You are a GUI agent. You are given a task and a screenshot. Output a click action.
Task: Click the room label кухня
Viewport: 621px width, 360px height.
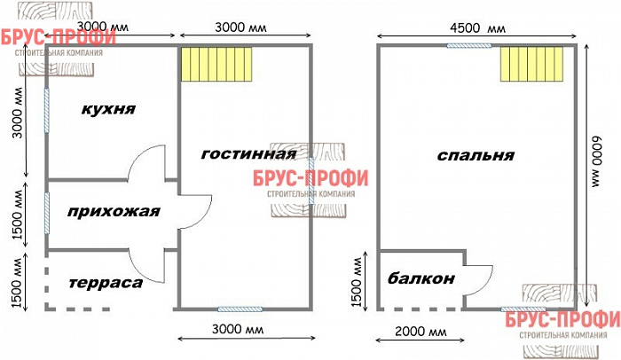108,109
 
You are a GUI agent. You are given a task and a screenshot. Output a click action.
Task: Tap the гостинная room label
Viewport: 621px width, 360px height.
248,154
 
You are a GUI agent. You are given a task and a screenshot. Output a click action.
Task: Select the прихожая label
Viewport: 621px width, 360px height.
114,212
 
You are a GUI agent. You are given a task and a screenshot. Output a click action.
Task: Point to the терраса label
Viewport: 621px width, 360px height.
106,283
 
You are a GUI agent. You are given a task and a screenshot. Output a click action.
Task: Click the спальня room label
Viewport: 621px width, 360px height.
476,155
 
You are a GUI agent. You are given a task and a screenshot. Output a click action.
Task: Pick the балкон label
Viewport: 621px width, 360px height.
421,278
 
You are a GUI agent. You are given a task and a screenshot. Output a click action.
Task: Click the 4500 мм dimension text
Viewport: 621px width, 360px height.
478,28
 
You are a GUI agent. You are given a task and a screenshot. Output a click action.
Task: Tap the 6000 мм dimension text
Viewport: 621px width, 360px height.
596,161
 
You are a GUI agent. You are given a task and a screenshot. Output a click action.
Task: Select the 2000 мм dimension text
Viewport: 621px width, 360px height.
421,331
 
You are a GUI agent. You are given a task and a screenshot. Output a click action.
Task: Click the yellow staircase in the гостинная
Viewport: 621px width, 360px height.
216,64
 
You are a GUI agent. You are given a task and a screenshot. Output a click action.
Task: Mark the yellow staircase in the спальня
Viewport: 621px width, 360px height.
531,64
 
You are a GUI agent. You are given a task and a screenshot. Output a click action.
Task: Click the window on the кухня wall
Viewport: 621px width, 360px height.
47,111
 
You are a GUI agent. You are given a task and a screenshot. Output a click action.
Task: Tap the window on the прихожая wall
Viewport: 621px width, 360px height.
47,213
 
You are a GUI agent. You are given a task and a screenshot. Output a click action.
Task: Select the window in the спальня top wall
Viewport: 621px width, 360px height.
469,45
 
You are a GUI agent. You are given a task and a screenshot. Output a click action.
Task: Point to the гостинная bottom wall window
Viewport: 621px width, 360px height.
240,309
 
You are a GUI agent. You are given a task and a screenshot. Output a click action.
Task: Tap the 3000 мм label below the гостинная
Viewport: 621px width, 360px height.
238,329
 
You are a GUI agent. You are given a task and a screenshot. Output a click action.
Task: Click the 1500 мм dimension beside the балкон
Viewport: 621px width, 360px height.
358,282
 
